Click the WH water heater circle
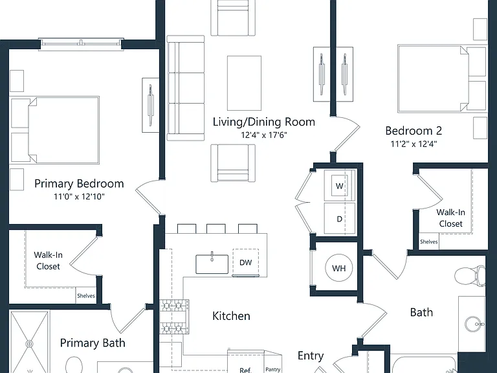(x=339, y=268)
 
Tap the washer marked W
(x=340, y=186)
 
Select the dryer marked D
(x=340, y=218)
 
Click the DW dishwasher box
(x=246, y=263)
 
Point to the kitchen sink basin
(x=212, y=264)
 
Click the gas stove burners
(x=174, y=317)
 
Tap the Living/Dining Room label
(x=264, y=122)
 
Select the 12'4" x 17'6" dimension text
(x=264, y=135)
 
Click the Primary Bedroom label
(x=79, y=184)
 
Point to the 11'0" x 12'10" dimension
(x=79, y=197)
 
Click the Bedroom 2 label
(x=414, y=131)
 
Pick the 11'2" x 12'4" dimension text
(x=414, y=144)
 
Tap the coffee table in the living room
(x=245, y=83)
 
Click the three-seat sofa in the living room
(x=186, y=88)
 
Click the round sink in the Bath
(x=474, y=324)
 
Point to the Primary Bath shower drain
(x=30, y=344)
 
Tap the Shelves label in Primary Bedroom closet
(x=86, y=295)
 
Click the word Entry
(x=311, y=356)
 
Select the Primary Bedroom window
(x=81, y=43)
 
